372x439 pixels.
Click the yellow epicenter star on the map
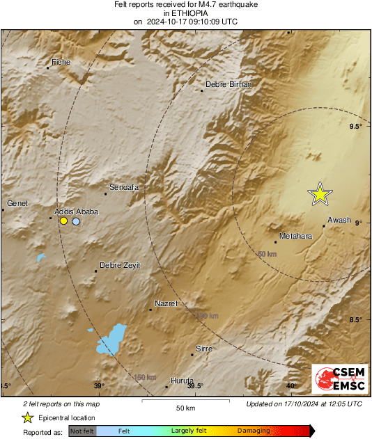[x=320, y=194]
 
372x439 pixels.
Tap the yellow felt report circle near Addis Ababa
[x=63, y=221]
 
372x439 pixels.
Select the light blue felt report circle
[x=76, y=221]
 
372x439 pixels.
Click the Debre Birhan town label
[x=228, y=84]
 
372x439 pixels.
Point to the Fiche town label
[x=62, y=62]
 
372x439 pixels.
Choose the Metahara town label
[x=295, y=237]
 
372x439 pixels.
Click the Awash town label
[x=339, y=220]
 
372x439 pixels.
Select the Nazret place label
[x=166, y=303]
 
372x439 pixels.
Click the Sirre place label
[x=203, y=348]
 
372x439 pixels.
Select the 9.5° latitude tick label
[x=356, y=126]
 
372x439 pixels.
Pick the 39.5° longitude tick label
[x=195, y=386]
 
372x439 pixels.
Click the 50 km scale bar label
[x=185, y=407]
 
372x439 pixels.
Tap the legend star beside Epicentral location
[x=27, y=417]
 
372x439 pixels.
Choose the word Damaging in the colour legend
[x=254, y=431]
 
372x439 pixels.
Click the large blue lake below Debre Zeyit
[x=111, y=340]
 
